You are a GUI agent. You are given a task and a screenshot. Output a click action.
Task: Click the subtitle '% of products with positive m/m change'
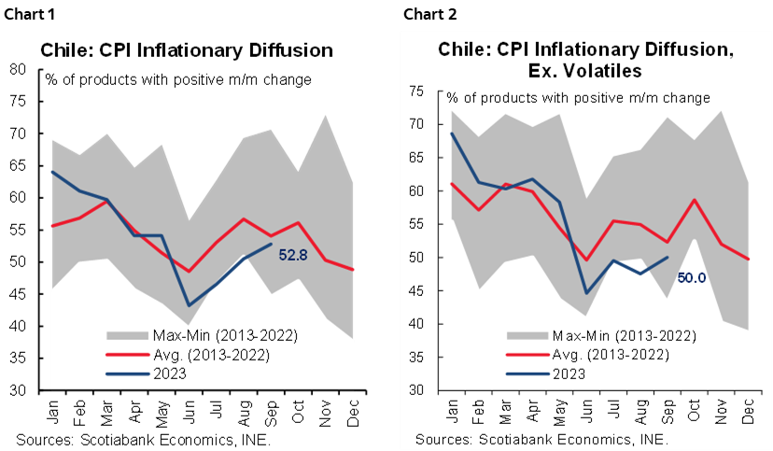click(x=578, y=97)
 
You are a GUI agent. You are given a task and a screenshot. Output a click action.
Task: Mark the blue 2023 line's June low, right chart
click(x=587, y=293)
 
